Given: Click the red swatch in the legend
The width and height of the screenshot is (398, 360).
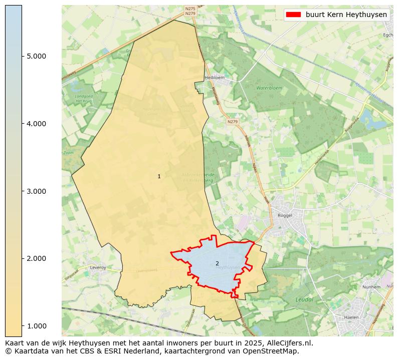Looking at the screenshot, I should click(293, 15).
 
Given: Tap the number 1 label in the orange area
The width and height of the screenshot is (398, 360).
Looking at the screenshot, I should click(159, 176).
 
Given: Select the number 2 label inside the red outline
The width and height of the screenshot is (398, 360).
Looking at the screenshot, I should click(217, 263).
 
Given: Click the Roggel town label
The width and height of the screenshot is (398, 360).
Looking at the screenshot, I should click(284, 215).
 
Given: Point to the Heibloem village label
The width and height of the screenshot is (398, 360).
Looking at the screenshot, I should click(215, 78).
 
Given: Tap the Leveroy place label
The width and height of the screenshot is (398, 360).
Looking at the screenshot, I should click(98, 267).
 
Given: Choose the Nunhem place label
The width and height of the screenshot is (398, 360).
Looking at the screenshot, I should click(371, 287).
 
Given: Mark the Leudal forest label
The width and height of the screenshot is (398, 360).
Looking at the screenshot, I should click(304, 299).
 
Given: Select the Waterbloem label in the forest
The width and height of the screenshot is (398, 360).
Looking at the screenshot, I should click(270, 88).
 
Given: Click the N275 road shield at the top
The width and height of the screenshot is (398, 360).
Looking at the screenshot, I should click(190, 9).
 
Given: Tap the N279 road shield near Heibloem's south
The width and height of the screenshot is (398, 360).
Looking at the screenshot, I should click(232, 122).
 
